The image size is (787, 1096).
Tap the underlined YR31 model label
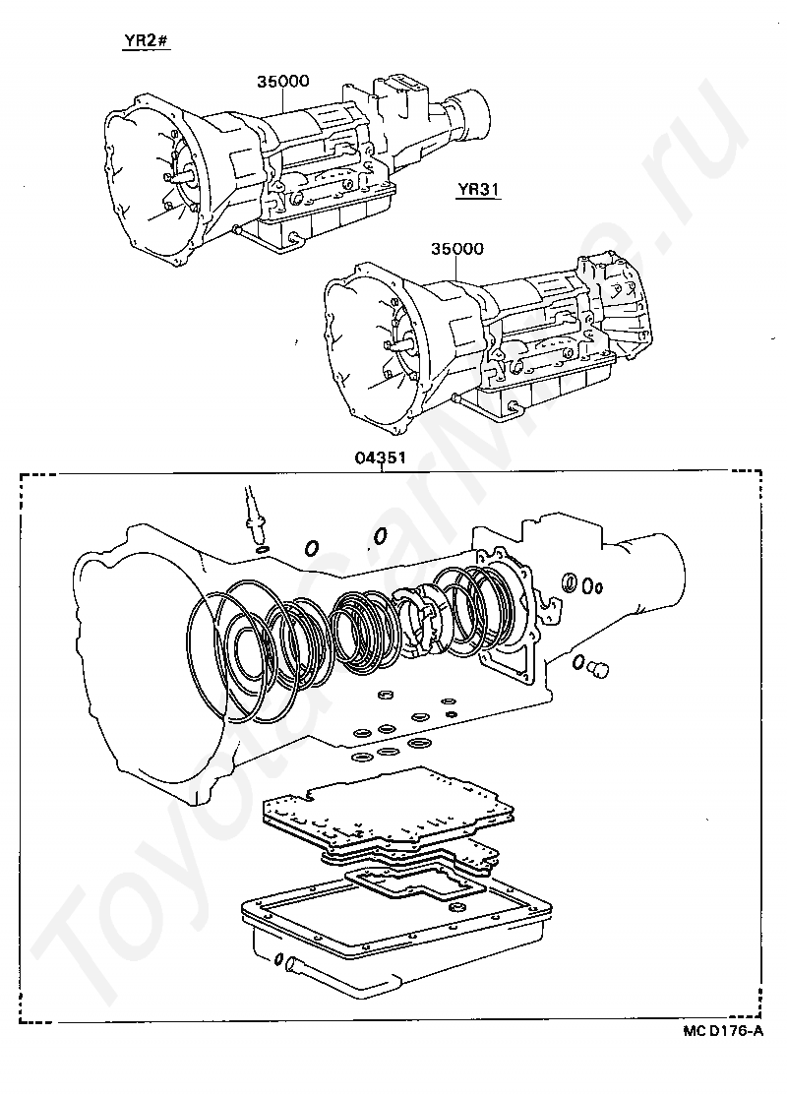click(x=479, y=190)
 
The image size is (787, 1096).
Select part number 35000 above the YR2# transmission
click(x=283, y=81)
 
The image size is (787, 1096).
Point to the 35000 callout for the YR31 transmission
click(x=457, y=249)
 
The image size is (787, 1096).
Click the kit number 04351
click(x=381, y=458)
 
